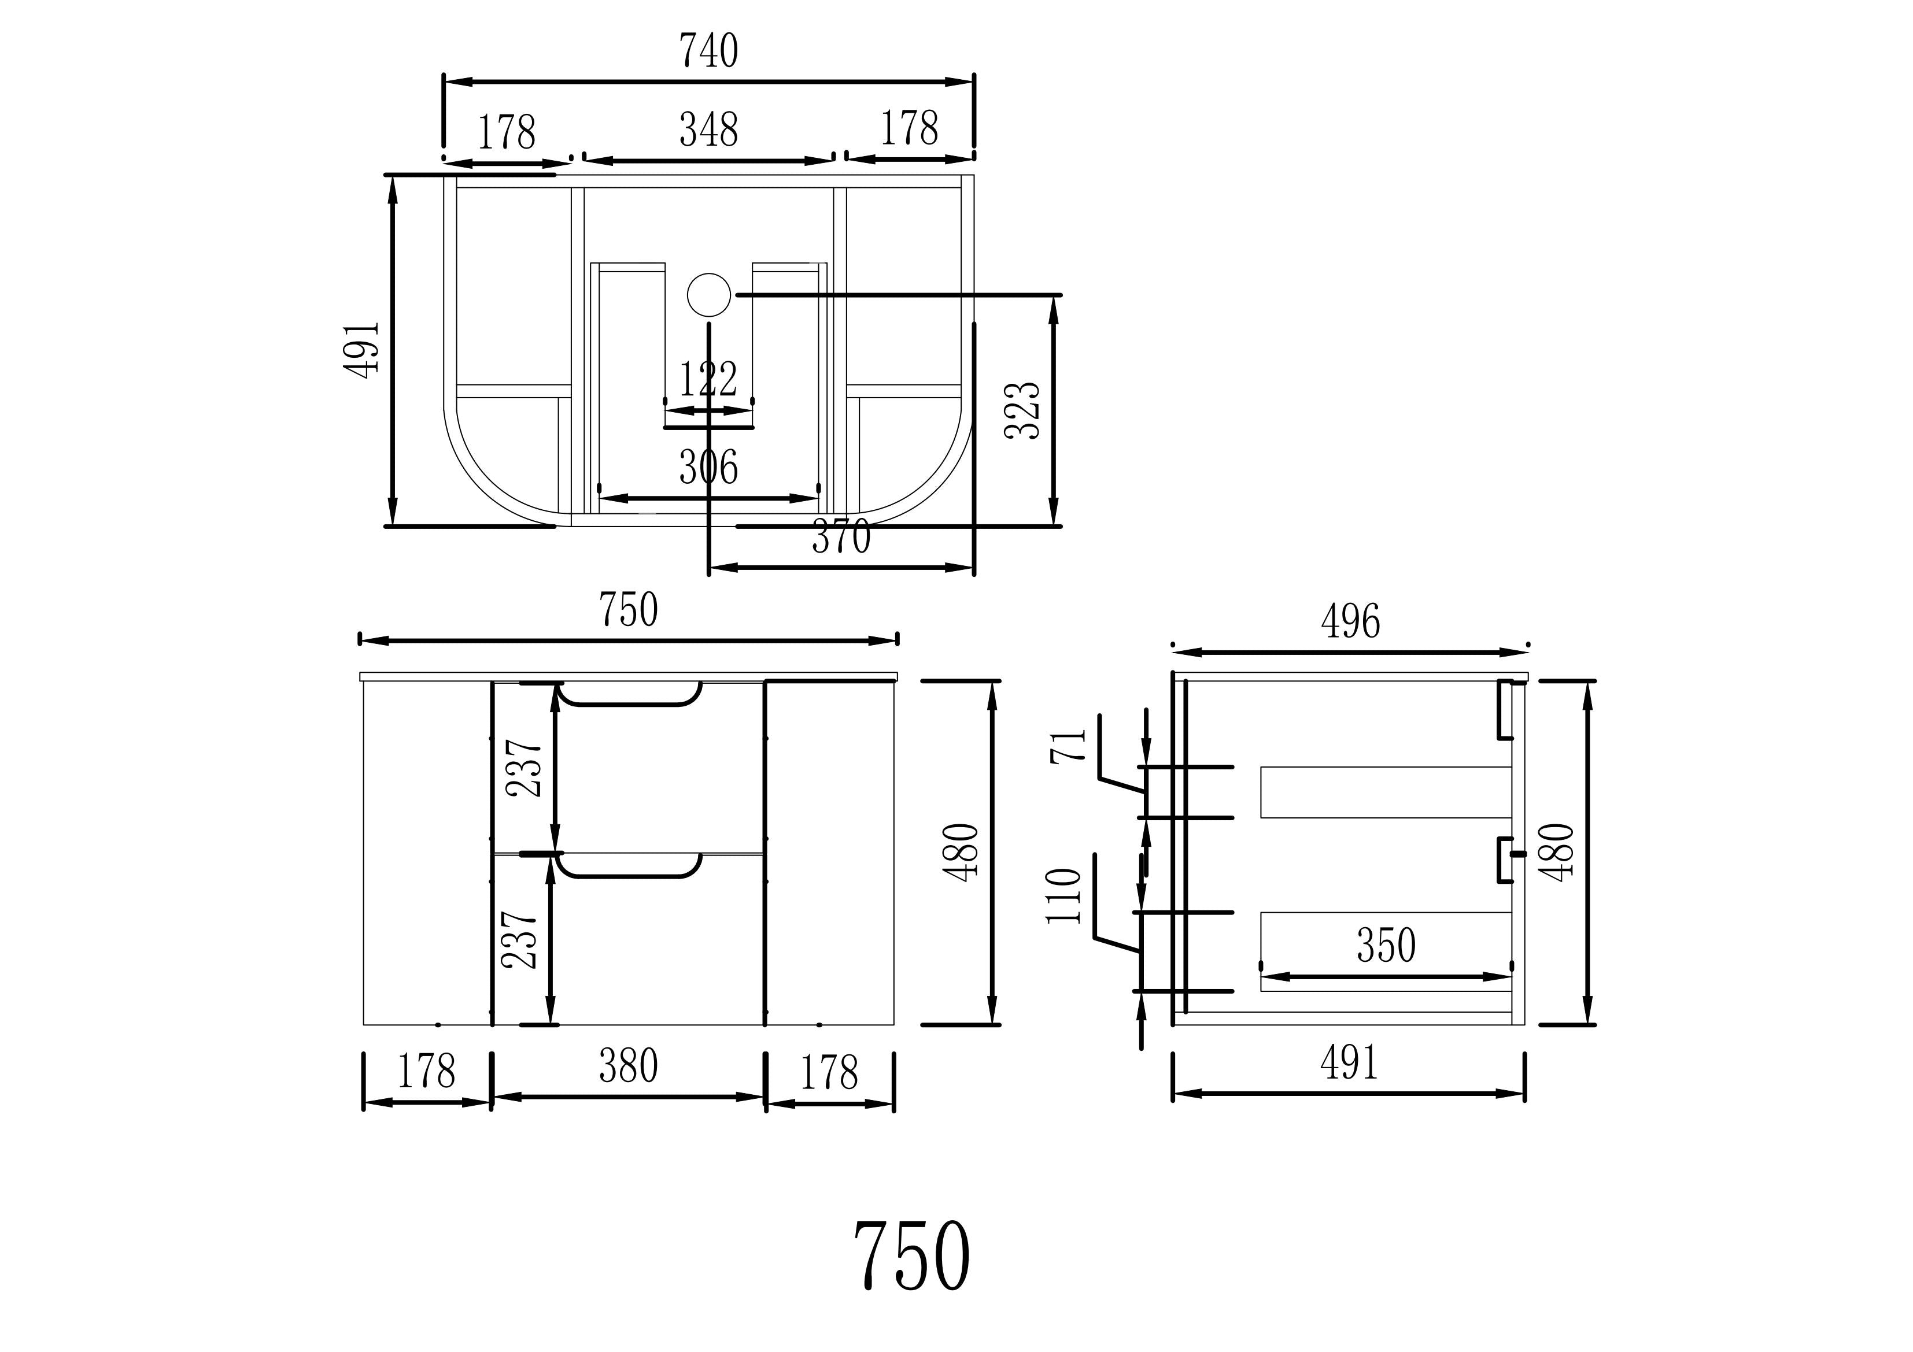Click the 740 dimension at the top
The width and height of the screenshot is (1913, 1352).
pyautogui.click(x=708, y=51)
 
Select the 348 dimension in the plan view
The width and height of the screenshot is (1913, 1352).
pyautogui.click(x=708, y=130)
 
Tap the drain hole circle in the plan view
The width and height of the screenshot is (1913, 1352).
pyautogui.click(x=708, y=295)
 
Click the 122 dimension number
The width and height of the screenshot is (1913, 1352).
pyautogui.click(x=708, y=380)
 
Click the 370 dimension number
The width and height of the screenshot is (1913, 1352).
pyautogui.click(x=841, y=538)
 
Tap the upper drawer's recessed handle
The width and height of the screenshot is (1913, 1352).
pyautogui.click(x=629, y=695)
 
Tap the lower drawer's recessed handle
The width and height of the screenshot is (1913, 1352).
pyautogui.click(x=629, y=866)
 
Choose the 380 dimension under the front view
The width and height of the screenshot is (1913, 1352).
pyautogui.click(x=628, y=1066)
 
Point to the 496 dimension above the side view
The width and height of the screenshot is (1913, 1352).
pyautogui.click(x=1350, y=621)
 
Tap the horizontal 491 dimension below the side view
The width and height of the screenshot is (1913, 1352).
pyautogui.click(x=1349, y=1064)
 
